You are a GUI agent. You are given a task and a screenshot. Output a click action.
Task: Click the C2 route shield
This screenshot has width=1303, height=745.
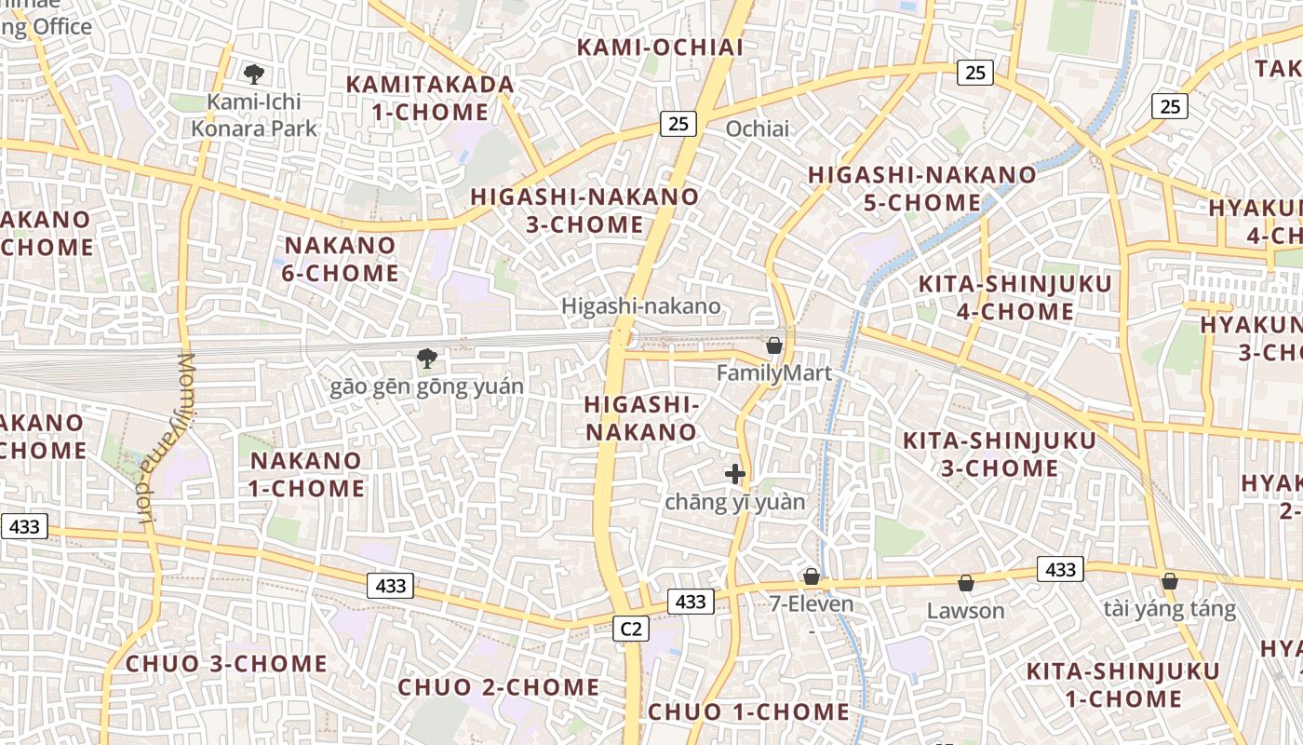[x=631, y=629]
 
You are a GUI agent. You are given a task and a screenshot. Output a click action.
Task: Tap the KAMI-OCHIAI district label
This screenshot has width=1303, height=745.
[x=660, y=47]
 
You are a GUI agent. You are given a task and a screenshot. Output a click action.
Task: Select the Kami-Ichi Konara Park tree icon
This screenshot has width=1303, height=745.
[x=252, y=74]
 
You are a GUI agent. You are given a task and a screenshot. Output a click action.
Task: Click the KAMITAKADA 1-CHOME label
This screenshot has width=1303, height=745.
[x=430, y=98]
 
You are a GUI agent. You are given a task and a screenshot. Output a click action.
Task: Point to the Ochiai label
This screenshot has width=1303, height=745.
[x=757, y=129]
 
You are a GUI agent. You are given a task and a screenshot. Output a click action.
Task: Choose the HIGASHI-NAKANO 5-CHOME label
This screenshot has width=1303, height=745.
[x=922, y=188]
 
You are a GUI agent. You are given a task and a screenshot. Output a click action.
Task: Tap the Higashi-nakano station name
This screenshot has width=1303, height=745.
[x=640, y=305]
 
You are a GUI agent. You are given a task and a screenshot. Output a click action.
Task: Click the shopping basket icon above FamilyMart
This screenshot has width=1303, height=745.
[x=774, y=345]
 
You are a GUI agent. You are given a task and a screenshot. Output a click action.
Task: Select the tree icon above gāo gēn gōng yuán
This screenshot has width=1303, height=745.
[x=426, y=358]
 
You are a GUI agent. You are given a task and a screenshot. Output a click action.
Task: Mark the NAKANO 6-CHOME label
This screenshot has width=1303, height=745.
[x=341, y=259]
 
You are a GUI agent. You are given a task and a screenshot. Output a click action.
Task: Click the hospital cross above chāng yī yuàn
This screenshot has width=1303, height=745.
[x=735, y=474]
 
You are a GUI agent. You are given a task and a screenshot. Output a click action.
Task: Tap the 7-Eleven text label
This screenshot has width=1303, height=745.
[x=811, y=603]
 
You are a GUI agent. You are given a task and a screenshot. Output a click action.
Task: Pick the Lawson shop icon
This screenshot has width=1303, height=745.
[x=966, y=583]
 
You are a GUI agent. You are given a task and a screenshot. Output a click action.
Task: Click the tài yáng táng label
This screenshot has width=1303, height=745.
[x=1170, y=609]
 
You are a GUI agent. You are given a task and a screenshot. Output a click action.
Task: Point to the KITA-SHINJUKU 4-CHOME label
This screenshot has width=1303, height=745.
[x=1014, y=297]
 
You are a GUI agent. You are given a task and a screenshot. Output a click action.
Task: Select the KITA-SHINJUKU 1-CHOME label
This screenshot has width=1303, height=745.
[x=1122, y=684]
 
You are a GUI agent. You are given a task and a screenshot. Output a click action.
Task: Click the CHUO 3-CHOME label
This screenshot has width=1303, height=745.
[x=226, y=664]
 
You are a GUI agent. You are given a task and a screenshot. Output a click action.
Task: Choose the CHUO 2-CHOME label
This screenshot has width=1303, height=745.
[x=499, y=687]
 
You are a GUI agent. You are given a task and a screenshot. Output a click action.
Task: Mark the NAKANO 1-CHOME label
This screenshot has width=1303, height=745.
[x=306, y=474]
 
